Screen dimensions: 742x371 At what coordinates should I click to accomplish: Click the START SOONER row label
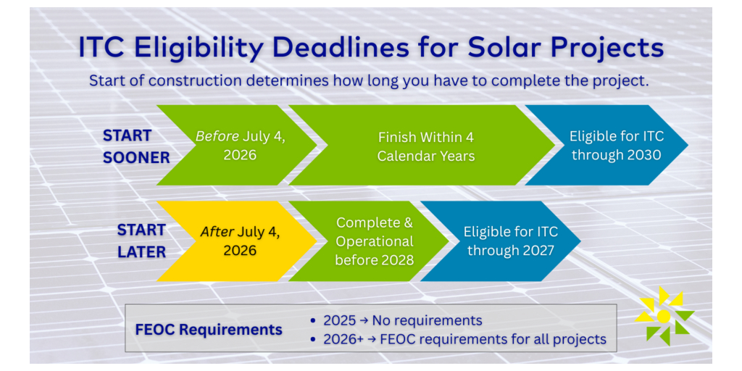click(x=136, y=146)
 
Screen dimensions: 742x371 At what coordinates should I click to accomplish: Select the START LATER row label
click(x=141, y=241)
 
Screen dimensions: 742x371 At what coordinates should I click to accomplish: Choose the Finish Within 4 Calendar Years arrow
click(x=422, y=145)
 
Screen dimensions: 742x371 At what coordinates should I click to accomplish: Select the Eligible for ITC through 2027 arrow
click(x=501, y=241)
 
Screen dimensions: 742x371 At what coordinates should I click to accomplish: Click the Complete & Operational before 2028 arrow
click(x=369, y=241)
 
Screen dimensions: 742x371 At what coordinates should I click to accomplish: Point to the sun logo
click(x=664, y=316)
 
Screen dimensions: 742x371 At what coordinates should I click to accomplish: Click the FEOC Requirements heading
click(x=209, y=330)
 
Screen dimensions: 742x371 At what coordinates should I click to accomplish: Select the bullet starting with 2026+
click(x=458, y=339)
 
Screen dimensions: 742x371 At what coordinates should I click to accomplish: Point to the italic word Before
click(x=217, y=137)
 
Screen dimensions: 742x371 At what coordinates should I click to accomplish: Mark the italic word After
click(x=217, y=233)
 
